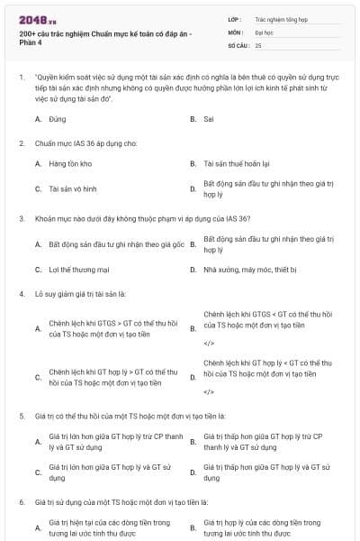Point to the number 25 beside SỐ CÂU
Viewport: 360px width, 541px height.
coord(258,45)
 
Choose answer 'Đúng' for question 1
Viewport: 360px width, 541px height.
coord(58,118)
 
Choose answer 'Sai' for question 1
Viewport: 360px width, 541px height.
coord(208,118)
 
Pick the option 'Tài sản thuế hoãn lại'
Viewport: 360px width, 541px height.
coord(237,163)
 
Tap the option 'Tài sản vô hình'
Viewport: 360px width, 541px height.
coord(72,188)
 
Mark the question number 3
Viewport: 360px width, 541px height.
coord(22,218)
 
